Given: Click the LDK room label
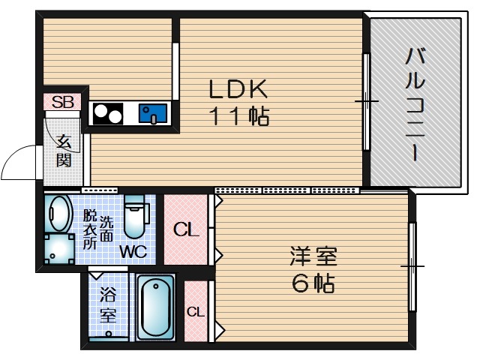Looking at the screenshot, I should (x=238, y=89).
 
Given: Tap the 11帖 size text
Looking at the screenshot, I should (x=238, y=116).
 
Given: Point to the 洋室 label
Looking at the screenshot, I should (x=313, y=256).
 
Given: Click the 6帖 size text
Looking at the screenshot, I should (x=313, y=284).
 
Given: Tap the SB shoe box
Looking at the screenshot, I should (x=62, y=102).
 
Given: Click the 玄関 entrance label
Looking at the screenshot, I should (x=63, y=150).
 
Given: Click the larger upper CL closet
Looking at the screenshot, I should (x=187, y=229).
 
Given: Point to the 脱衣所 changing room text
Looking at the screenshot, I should (x=89, y=228).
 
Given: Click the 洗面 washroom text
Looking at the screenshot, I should (x=107, y=228).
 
